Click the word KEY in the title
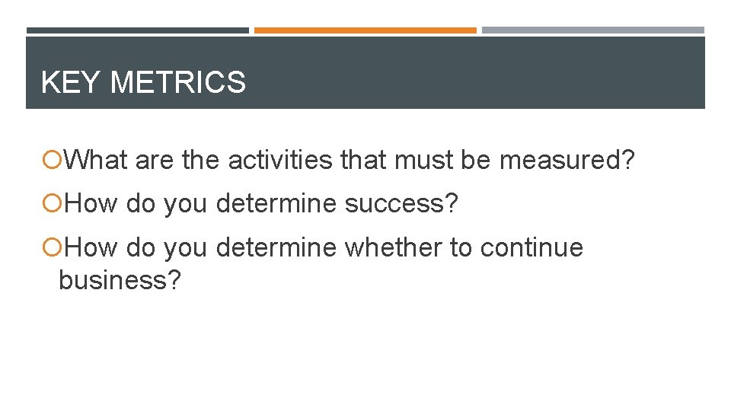[72, 82]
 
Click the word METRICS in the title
[178, 82]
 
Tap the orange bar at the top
[365, 30]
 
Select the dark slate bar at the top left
[138, 30]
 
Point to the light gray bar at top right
[593, 30]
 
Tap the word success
[399, 204]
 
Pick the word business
[112, 280]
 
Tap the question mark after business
[174, 280]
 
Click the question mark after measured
[627, 161]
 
